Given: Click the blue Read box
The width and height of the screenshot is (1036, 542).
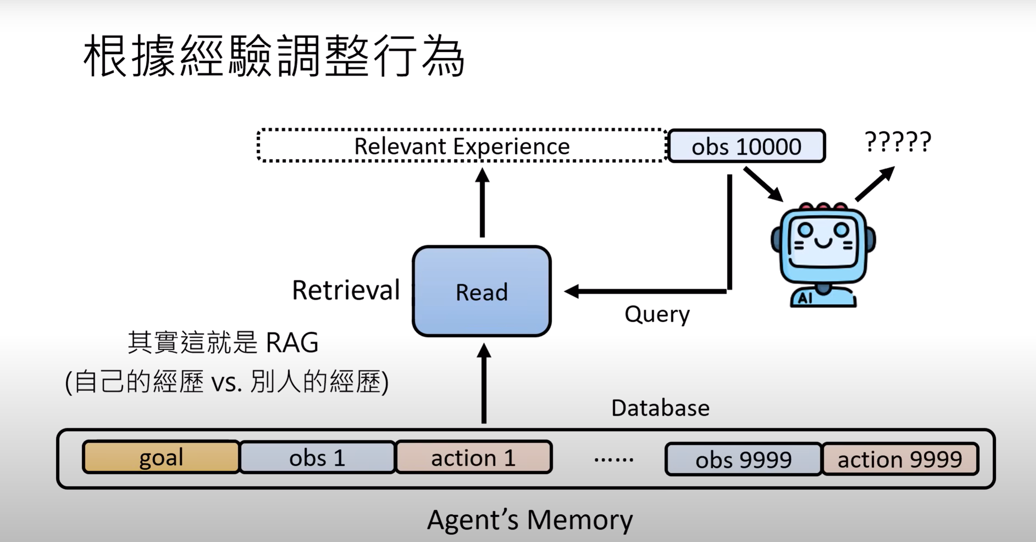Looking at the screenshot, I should click(x=481, y=291).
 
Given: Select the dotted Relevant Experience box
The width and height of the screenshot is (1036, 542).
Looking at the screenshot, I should click(x=462, y=145).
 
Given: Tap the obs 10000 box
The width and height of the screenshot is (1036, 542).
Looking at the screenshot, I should click(x=747, y=146).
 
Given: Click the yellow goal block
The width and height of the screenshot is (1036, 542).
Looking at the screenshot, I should click(x=161, y=457).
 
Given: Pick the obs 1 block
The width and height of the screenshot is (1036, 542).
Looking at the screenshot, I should click(x=317, y=457).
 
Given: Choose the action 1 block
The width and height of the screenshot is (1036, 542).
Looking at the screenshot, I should click(x=473, y=457).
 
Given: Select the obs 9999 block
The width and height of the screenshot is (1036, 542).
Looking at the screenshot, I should click(x=743, y=459).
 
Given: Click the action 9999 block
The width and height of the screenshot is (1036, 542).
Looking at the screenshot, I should click(x=900, y=459).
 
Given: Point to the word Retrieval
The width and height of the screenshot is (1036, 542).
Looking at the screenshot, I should click(x=346, y=290).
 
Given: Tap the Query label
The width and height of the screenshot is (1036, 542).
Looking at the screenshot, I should click(x=657, y=315).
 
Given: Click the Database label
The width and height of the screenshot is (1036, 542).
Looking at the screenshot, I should click(x=661, y=408).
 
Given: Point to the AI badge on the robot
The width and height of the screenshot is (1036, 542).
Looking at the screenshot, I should click(x=805, y=298).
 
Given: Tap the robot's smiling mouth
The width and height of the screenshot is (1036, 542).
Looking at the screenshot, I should click(x=823, y=242).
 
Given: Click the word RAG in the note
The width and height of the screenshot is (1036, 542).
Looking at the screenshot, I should click(x=292, y=342).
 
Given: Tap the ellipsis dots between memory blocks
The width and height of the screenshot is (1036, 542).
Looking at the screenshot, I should click(x=614, y=459).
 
